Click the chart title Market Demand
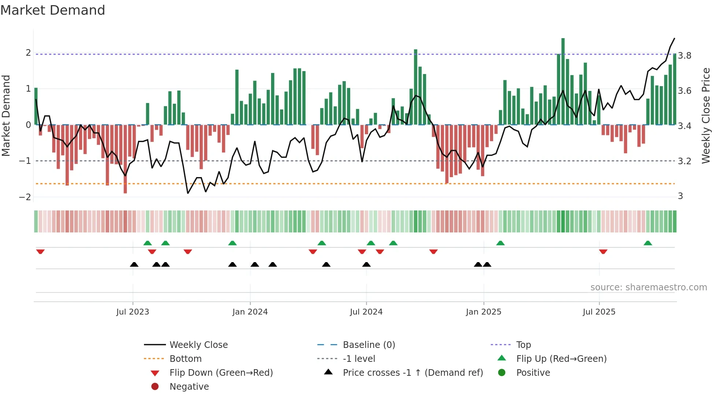click(x=53, y=10)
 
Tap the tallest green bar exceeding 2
click(x=563, y=81)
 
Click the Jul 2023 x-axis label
click(x=133, y=312)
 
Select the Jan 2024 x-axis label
click(x=250, y=312)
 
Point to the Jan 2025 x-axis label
click(x=484, y=312)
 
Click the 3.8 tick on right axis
click(x=685, y=56)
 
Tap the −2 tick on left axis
click(x=25, y=197)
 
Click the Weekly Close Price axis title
click(x=706, y=115)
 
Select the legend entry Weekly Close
click(x=198, y=345)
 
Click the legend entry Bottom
click(x=185, y=359)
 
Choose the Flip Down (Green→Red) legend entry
click(x=221, y=373)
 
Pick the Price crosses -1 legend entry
click(x=412, y=373)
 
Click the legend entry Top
click(x=523, y=345)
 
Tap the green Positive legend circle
click(x=502, y=373)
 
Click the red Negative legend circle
click(x=155, y=387)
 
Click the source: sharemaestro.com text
click(x=648, y=287)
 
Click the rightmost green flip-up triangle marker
click(x=648, y=243)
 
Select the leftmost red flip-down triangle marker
click(x=40, y=251)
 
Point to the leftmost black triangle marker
click(x=134, y=264)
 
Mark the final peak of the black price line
click(x=674, y=38)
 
